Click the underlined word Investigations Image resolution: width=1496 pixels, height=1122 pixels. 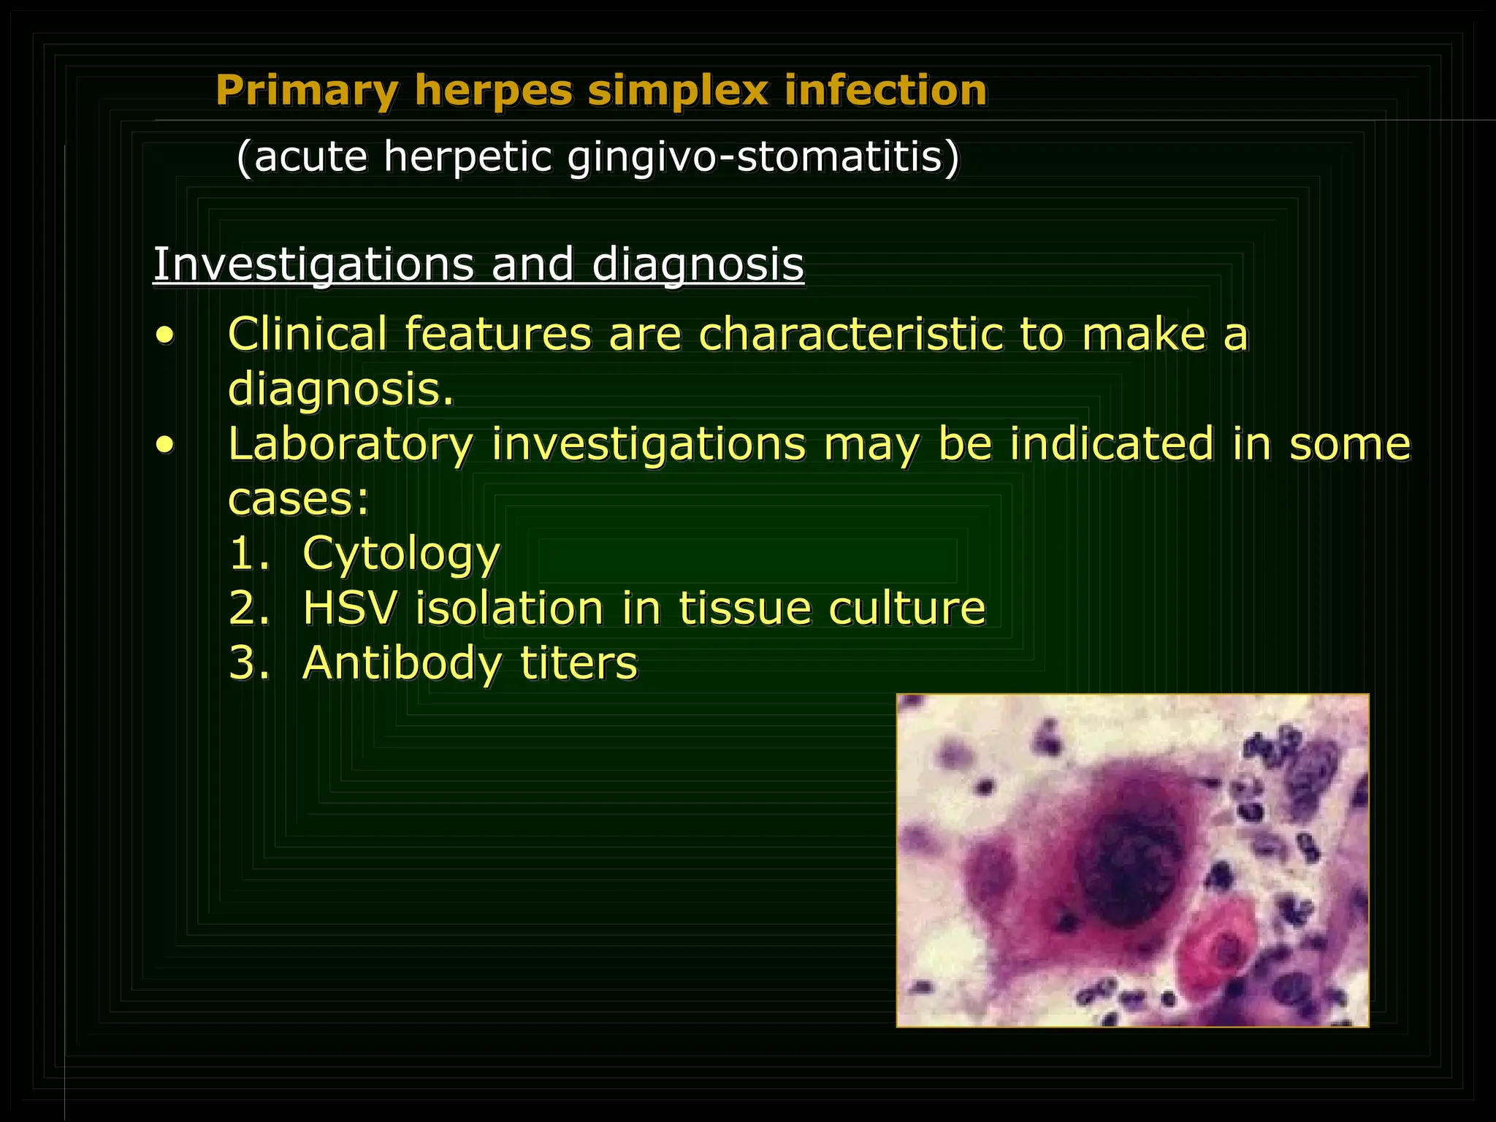(x=313, y=264)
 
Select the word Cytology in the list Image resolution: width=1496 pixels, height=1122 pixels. (x=401, y=554)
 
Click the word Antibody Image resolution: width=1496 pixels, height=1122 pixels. (x=401, y=663)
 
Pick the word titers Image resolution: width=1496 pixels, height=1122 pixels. (x=579, y=663)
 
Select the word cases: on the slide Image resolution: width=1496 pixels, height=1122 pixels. (x=299, y=500)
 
